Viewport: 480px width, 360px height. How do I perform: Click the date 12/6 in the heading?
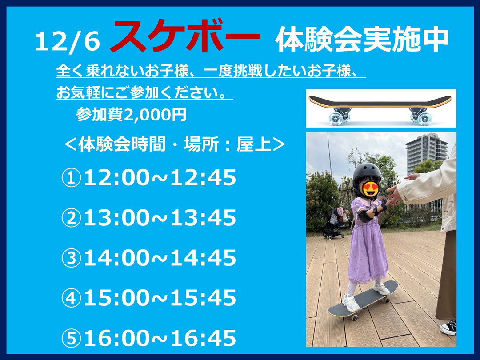click(x=68, y=42)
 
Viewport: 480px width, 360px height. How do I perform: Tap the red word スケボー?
click(x=185, y=37)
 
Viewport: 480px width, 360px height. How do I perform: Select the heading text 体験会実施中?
click(x=362, y=40)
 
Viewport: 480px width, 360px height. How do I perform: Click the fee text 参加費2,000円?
click(x=131, y=115)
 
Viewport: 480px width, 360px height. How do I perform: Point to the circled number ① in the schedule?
click(x=71, y=178)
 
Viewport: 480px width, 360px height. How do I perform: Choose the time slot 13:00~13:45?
click(x=160, y=218)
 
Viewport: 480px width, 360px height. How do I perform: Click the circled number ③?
click(x=71, y=258)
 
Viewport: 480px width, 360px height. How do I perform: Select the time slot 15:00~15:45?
click(x=160, y=297)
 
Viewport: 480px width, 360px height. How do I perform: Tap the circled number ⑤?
click(x=71, y=338)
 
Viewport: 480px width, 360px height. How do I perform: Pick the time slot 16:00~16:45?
click(x=160, y=338)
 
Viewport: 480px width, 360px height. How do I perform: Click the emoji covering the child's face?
click(x=370, y=189)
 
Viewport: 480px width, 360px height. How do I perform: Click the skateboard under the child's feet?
click(x=363, y=299)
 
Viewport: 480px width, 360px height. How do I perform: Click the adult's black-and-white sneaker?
click(x=448, y=327)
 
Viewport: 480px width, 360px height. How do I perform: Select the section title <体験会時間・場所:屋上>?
click(x=175, y=144)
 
